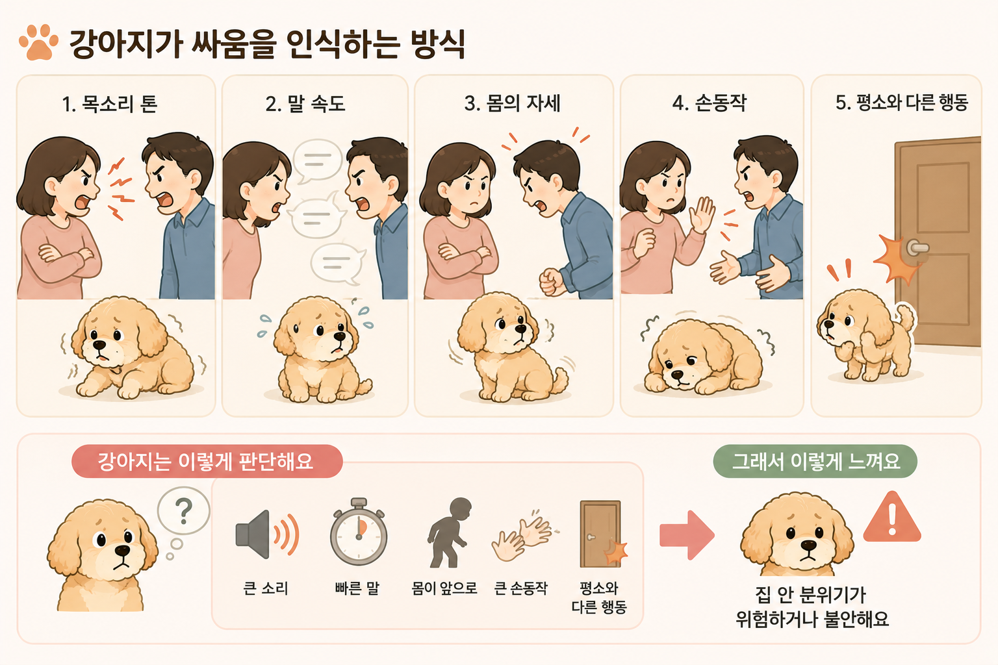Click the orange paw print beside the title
[38, 43]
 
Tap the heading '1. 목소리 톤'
[110, 104]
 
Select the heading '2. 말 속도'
[305, 104]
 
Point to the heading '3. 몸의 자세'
[513, 103]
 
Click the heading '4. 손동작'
[710, 103]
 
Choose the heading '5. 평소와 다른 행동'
[902, 103]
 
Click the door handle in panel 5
[917, 247]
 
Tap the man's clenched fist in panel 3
[552, 281]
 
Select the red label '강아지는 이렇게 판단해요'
[207, 461]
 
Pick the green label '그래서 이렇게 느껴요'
[815, 461]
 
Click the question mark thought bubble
[184, 510]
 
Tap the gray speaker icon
[266, 534]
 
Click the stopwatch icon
[359, 532]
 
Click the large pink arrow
[687, 535]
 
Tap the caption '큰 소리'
[266, 588]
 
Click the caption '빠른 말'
[357, 588]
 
